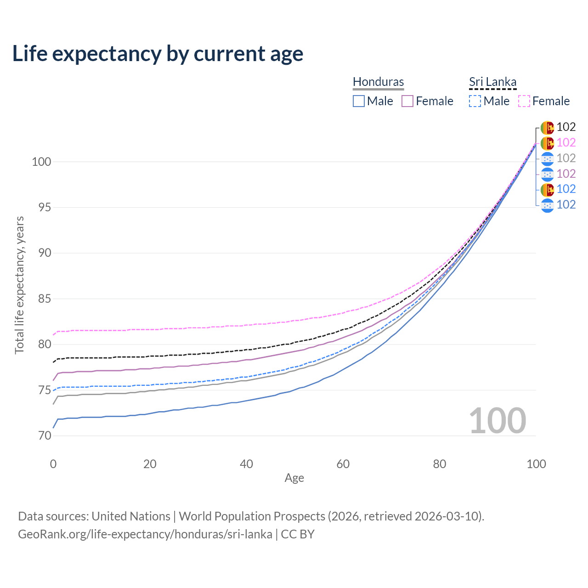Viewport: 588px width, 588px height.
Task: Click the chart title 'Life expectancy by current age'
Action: [158, 54]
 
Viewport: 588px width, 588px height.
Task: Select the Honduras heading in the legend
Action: [378, 82]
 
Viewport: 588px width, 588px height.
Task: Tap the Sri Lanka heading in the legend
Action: [492, 82]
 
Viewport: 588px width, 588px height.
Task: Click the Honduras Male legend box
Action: [359, 101]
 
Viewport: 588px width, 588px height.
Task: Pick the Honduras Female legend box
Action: [407, 101]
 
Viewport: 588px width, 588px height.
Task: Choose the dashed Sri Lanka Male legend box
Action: [475, 101]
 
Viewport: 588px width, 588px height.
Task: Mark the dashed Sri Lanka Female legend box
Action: [524, 101]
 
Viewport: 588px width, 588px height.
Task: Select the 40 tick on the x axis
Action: [246, 464]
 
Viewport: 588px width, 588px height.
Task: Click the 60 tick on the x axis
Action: [343, 464]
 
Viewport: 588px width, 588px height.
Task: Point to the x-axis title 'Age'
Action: [294, 478]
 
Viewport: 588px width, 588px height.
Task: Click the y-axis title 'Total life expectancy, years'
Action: [19, 285]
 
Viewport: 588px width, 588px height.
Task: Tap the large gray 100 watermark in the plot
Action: [498, 421]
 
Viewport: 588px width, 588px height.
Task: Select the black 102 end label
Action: [566, 127]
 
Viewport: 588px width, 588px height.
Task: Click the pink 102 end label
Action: [566, 143]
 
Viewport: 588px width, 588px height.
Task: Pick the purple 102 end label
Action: [566, 174]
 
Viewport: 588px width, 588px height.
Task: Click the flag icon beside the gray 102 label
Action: [547, 158]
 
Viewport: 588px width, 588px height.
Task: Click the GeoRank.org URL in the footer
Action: [145, 534]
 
